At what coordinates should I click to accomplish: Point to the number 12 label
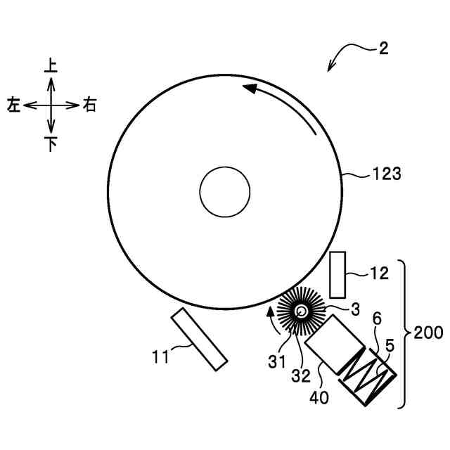(x=378, y=274)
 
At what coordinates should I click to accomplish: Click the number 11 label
(x=160, y=356)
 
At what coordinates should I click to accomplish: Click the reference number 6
(x=377, y=319)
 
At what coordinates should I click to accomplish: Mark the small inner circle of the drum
(x=225, y=191)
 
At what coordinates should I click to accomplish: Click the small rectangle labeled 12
(x=338, y=274)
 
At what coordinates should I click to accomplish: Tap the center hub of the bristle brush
(x=301, y=311)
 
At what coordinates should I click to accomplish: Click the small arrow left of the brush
(x=269, y=317)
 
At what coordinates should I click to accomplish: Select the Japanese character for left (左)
(x=13, y=105)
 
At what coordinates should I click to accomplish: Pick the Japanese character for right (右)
(x=89, y=105)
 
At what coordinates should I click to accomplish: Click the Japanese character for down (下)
(x=51, y=144)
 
